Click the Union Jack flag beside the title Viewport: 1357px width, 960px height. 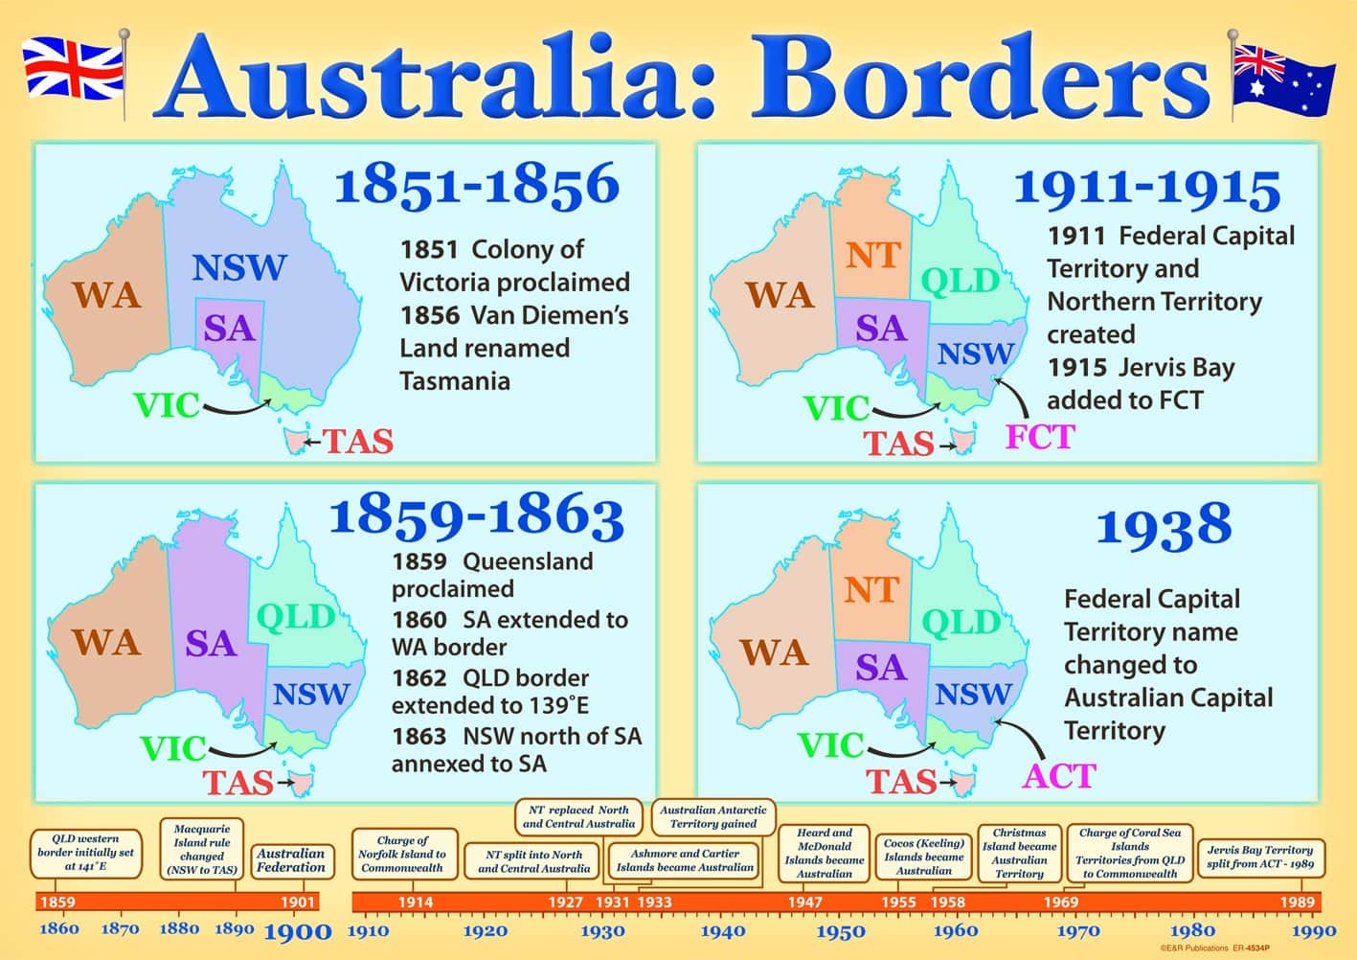[x=73, y=67]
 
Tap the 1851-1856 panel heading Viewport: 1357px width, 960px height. [x=476, y=184]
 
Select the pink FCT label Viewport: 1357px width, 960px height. [x=1039, y=437]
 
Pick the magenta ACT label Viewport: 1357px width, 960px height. [x=1058, y=775]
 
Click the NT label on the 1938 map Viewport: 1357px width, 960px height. [x=871, y=590]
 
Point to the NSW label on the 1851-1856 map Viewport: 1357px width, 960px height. [x=238, y=268]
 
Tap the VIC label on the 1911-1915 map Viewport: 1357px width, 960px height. [x=837, y=408]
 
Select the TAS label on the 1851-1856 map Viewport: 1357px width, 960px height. [x=357, y=441]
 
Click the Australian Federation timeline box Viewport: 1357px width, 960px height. [x=291, y=860]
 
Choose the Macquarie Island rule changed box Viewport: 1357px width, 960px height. [x=202, y=850]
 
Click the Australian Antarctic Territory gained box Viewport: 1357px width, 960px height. [x=713, y=816]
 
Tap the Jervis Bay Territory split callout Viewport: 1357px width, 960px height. [x=1259, y=857]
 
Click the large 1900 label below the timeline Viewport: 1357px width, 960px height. [x=297, y=931]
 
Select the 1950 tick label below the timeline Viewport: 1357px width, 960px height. [x=841, y=931]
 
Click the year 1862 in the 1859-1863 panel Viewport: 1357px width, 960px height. [x=419, y=678]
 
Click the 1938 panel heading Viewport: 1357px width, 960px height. [x=1164, y=525]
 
